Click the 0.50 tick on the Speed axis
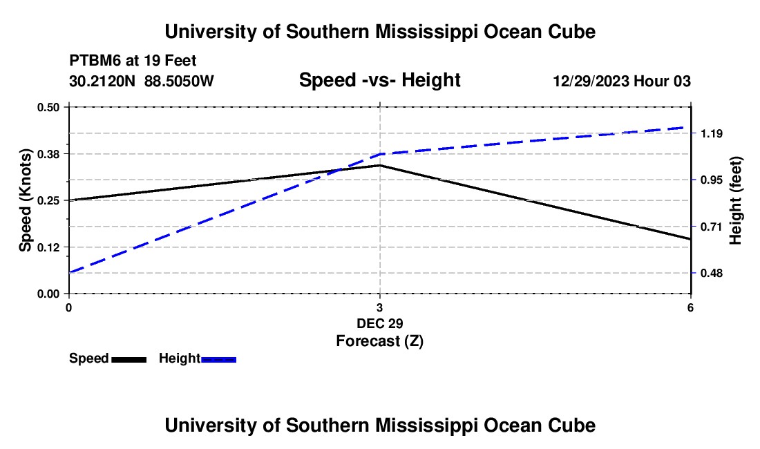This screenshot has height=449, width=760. pos(48,107)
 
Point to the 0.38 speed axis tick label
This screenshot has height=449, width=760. pos(48,154)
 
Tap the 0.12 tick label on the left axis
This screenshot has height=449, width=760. pos(48,247)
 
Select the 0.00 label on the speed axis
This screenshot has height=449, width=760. pos(48,294)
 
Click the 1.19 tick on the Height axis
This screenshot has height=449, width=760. pos(711,133)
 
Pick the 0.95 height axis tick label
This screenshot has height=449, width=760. pos(711,180)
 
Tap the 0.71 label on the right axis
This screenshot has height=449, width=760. pos(711,227)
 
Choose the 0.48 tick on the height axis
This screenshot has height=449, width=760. pos(711,273)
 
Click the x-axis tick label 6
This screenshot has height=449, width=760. pos(690,307)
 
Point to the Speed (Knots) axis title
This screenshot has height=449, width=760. pos(25,200)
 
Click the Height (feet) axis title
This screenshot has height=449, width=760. pos(736,200)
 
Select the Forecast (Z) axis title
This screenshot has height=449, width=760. pos(380,341)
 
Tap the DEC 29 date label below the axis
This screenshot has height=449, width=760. pos(380,323)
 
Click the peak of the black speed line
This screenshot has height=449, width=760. pos(380,165)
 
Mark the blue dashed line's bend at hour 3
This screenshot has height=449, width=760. pos(380,154)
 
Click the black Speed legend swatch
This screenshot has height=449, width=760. pos(129,359)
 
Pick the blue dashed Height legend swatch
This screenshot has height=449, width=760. pos(218,359)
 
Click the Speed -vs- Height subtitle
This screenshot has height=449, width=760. pos(379,80)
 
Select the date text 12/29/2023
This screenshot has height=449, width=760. pos(592,81)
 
